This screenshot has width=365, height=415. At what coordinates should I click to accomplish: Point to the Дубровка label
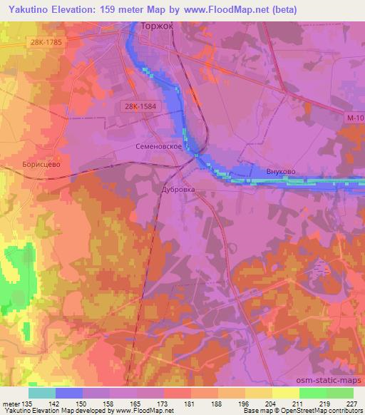(x=176, y=191)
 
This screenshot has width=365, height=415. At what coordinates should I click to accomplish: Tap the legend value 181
(x=189, y=404)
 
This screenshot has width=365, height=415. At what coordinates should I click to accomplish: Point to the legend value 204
(x=270, y=404)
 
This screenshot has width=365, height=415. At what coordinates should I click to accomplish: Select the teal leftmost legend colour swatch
(x=42, y=393)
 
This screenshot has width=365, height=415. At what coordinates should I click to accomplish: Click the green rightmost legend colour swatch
(x=339, y=393)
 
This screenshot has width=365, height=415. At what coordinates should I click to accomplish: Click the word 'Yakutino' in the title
(x=28, y=9)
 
